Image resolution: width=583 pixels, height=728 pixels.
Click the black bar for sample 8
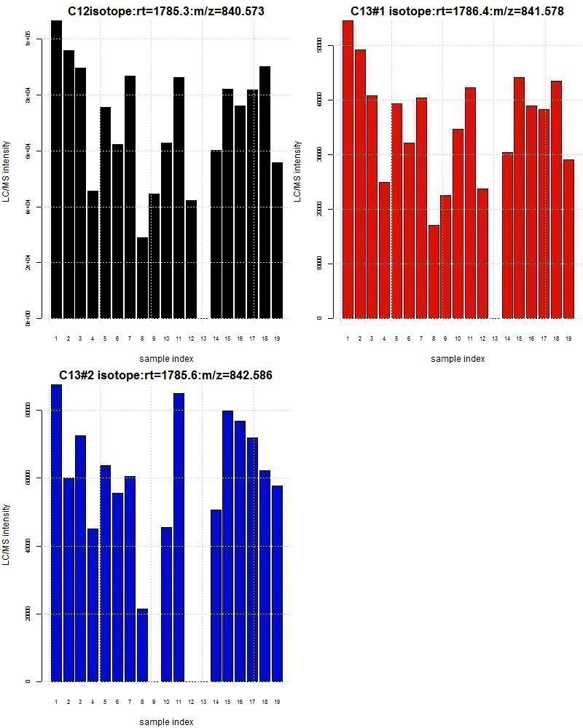coord(142,278)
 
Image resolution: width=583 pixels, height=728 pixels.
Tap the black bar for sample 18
coord(265,192)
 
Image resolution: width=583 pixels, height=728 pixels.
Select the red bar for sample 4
coord(384,250)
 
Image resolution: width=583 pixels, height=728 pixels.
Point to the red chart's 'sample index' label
coord(457,359)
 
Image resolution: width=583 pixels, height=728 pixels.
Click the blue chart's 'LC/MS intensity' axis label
coord(7,534)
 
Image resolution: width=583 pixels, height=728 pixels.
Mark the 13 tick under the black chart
coord(203,339)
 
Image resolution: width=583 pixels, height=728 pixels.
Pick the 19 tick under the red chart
coord(568,339)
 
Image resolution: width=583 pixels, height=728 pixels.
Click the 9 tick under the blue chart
coord(154,702)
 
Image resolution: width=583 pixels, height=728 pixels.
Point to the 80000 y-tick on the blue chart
coord(28,411)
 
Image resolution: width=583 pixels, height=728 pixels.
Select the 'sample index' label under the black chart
coord(166,359)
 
